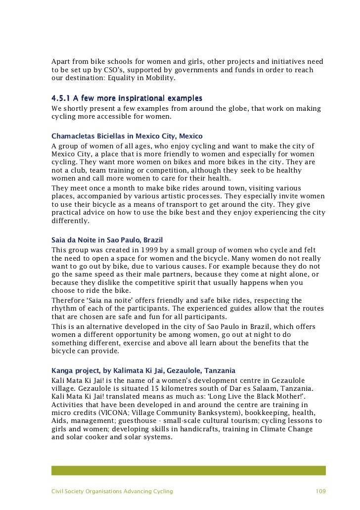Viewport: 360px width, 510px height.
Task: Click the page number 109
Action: (x=320, y=491)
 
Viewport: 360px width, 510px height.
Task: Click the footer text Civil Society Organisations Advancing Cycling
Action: (x=112, y=491)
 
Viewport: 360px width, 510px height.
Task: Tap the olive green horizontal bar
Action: (x=188, y=470)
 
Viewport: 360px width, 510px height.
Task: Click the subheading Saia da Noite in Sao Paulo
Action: (x=107, y=239)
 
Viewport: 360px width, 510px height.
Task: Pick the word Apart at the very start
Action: (x=61, y=62)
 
